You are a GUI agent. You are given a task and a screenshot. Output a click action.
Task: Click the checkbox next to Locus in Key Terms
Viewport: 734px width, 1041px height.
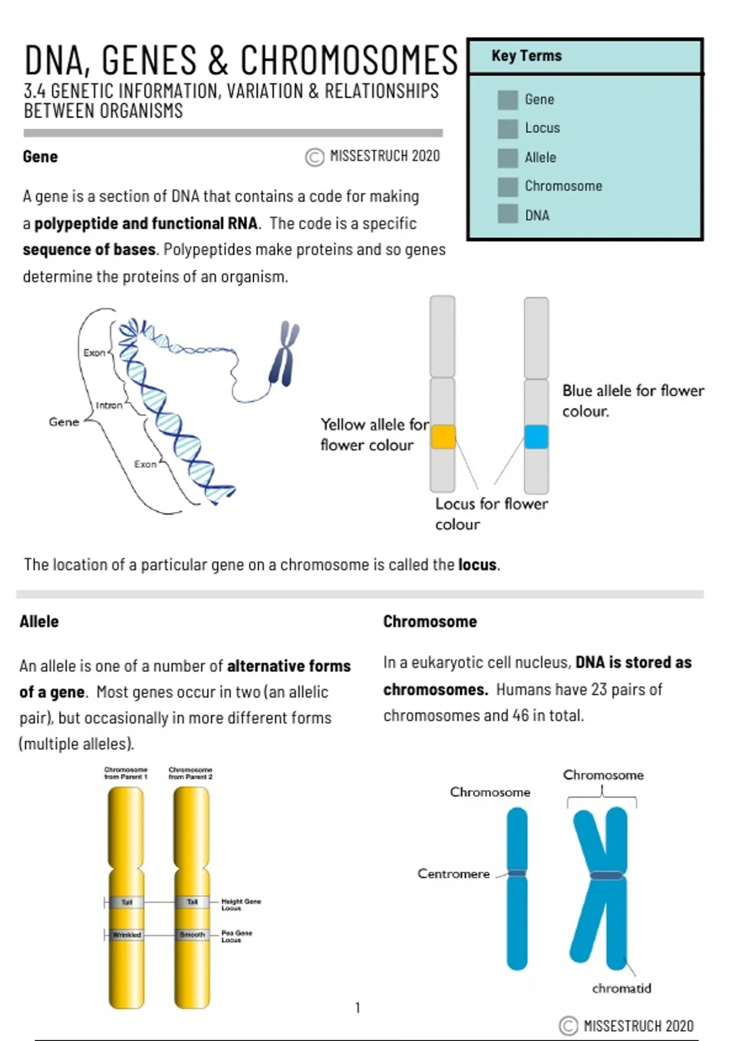click(x=507, y=129)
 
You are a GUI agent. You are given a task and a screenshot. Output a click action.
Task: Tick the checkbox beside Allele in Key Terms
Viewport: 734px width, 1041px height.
click(x=507, y=158)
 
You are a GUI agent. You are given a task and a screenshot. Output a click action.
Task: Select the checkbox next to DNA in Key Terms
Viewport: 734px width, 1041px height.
click(x=507, y=215)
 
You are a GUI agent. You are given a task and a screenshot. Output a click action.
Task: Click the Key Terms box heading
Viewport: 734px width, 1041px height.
click(x=526, y=56)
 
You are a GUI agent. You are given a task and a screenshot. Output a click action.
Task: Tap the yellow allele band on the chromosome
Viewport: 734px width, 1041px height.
click(x=443, y=437)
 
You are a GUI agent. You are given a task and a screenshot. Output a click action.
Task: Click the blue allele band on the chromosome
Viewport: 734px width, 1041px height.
click(x=536, y=437)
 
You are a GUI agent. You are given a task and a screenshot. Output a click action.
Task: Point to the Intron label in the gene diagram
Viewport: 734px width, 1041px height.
click(x=109, y=405)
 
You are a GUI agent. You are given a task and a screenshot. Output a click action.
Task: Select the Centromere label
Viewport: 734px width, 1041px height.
click(x=453, y=874)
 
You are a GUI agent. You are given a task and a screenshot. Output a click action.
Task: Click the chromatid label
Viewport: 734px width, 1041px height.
click(x=621, y=988)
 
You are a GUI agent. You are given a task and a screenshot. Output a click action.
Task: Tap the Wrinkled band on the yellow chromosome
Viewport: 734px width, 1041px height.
click(x=127, y=935)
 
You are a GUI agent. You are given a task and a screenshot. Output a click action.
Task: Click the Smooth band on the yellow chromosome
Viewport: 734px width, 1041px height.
click(x=192, y=935)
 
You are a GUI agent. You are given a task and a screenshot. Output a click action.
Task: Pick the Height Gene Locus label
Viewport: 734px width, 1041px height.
click(x=240, y=904)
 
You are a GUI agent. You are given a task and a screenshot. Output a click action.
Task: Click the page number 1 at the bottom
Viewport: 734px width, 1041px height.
click(x=358, y=1007)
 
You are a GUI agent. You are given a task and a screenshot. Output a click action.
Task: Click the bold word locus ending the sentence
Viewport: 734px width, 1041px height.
click(x=477, y=565)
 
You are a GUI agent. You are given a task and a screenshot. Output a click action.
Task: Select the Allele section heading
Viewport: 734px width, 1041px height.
click(x=39, y=622)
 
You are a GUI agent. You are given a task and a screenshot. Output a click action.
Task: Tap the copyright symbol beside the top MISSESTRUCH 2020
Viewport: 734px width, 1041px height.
click(x=314, y=157)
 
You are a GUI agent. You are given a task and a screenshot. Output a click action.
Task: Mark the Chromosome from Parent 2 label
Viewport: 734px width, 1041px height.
click(x=190, y=773)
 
